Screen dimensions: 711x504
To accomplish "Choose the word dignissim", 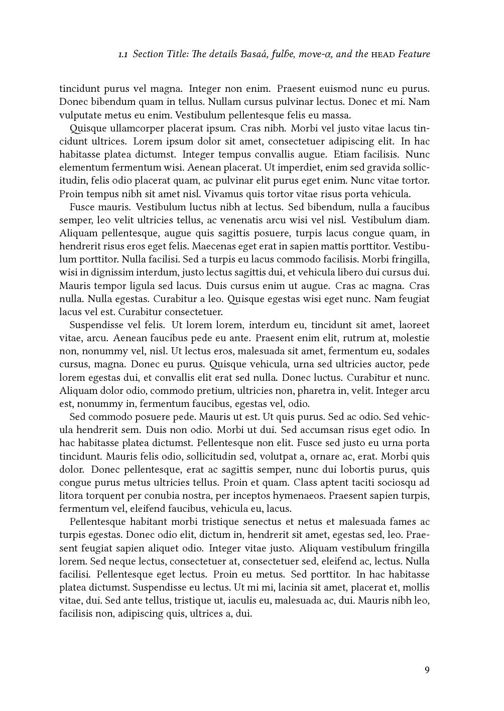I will (114, 272).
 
